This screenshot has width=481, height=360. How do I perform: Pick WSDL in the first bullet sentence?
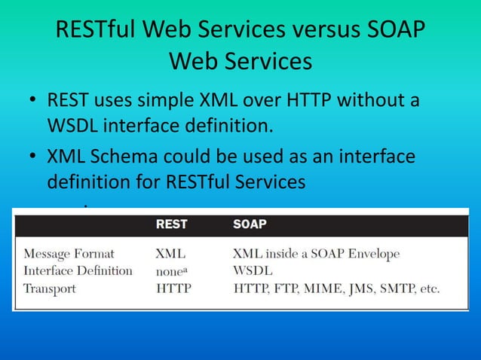point(75,124)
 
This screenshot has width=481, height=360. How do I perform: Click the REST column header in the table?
point(171,224)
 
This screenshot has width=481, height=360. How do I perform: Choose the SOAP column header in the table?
point(250,224)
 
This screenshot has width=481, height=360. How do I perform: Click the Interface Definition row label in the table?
point(78,270)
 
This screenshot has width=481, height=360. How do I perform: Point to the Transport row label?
point(49,288)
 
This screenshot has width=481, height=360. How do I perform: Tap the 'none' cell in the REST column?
point(172,271)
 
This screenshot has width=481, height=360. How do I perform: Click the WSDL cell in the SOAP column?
point(253,270)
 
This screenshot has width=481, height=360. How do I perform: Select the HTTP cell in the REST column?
point(173,288)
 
